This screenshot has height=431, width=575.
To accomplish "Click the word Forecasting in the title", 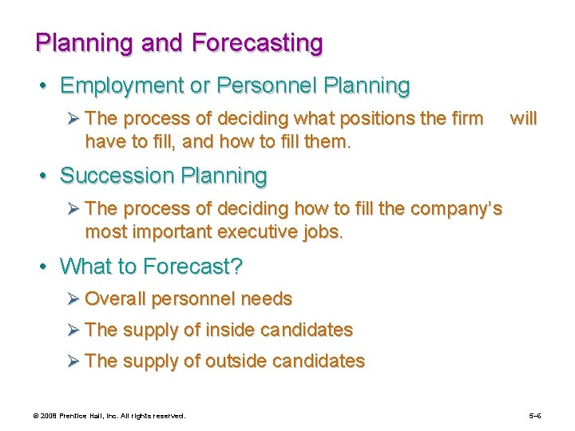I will [258, 42].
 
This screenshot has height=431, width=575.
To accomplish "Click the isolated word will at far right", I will [523, 119].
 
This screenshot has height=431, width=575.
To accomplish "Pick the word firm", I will [467, 119].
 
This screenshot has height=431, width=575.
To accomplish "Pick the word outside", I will [237, 361].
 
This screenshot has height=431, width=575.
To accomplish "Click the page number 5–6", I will [535, 416].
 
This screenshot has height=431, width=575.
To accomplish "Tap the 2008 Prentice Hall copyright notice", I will [109, 416].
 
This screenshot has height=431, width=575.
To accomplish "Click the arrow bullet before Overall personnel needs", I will [74, 299].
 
